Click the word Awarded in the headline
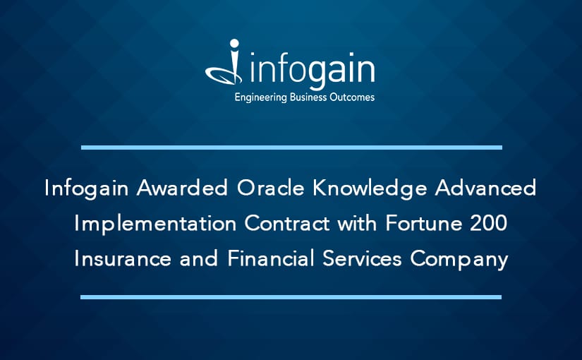(x=182, y=188)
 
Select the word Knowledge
(x=370, y=188)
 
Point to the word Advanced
(x=485, y=188)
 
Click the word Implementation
(x=155, y=224)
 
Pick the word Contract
(x=287, y=223)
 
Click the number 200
(x=488, y=223)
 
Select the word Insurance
(x=123, y=258)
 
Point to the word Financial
(x=271, y=258)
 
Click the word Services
(x=362, y=258)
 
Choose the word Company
(x=459, y=259)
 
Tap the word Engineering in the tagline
(x=261, y=97)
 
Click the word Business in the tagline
(x=308, y=97)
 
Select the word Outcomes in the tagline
(x=352, y=97)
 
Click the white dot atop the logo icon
(x=234, y=44)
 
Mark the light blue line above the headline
(x=292, y=148)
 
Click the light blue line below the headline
(x=291, y=297)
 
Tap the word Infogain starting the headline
(x=87, y=188)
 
